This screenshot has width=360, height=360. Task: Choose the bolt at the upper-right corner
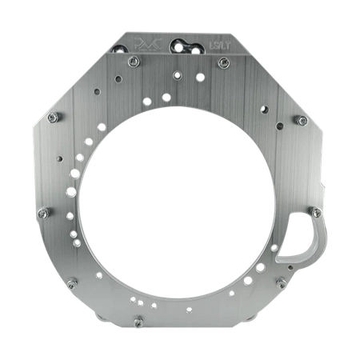(x=303, y=120)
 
